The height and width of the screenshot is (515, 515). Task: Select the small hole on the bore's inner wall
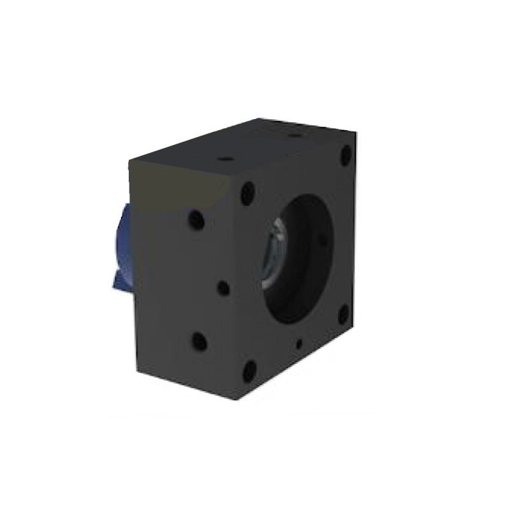pos(322,239)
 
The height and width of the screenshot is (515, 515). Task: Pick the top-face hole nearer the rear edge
pos(294,136)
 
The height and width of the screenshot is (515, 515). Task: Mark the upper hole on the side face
pos(194,218)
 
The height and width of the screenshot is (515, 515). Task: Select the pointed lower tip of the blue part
pos(115,283)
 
